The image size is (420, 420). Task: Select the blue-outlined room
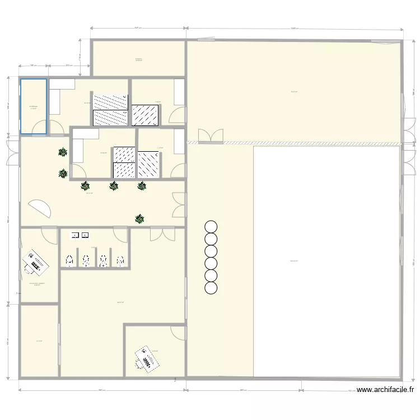coord(34,106)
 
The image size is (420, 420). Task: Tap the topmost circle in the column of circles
coord(211,226)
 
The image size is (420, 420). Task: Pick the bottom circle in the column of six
coord(211,288)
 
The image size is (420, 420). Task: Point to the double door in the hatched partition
coord(211,136)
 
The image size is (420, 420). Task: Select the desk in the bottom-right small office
coord(146,358)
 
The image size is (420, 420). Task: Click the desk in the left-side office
coord(35,262)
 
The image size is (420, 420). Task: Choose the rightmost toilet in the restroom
coord(120,260)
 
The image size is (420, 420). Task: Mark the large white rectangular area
coord(327,260)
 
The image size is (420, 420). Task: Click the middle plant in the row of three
coord(114,186)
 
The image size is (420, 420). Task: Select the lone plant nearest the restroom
coord(139,219)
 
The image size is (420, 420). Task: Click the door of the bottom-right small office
coord(179,333)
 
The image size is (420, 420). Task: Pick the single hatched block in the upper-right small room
coord(145,114)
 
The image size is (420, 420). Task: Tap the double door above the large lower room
coord(162,234)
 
